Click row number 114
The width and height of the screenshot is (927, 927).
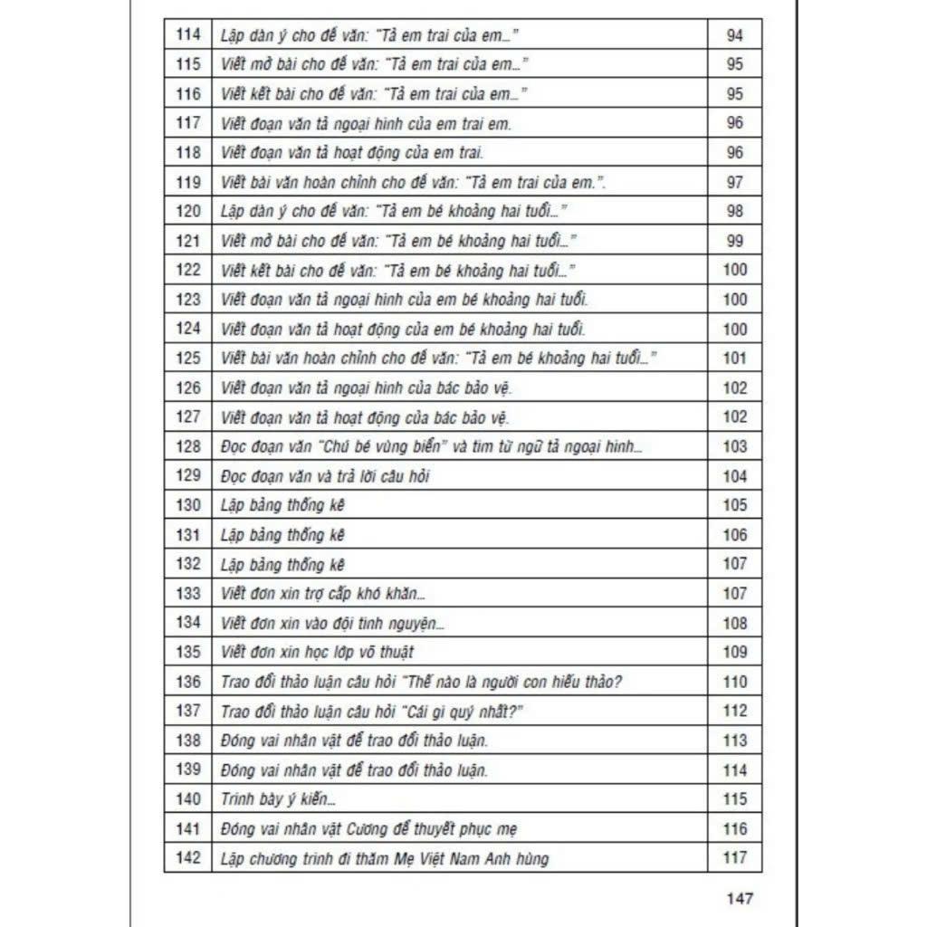187,35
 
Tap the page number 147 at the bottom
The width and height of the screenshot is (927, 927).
740,898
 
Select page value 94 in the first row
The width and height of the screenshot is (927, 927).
734,35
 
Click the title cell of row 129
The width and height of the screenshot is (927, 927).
324,476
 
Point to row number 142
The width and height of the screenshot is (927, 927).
187,857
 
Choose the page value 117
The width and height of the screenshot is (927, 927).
735,857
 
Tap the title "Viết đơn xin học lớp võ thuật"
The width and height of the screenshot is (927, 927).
317,652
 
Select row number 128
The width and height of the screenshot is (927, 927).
187,446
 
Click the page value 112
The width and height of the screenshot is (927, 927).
735,711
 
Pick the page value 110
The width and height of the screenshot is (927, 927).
735,682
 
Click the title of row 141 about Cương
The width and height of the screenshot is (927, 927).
369,828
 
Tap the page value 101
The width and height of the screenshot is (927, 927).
735,358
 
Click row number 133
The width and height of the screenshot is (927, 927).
187,593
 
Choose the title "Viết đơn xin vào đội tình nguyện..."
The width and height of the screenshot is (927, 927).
332,623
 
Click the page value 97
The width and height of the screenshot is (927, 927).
735,182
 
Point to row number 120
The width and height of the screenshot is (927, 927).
187,211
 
